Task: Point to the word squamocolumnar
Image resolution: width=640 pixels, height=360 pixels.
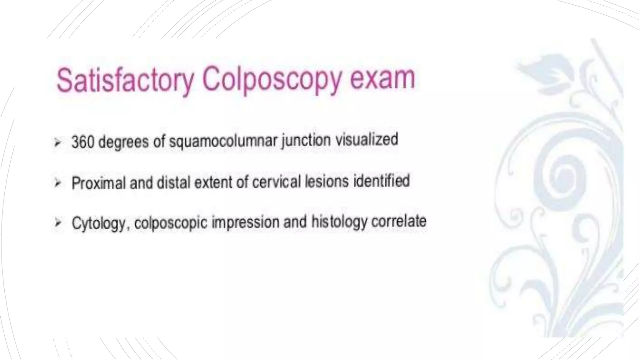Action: pos(223,141)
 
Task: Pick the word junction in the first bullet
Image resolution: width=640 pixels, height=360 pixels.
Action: pos(306,140)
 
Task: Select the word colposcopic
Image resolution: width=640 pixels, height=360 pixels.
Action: pos(171,223)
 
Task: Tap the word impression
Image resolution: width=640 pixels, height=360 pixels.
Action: pos(246,222)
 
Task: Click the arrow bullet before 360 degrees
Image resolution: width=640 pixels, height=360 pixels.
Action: pos(57,143)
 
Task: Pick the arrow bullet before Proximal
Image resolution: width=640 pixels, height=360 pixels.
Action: pos(57,183)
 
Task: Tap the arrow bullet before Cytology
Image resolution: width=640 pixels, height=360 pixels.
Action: pos(57,223)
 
